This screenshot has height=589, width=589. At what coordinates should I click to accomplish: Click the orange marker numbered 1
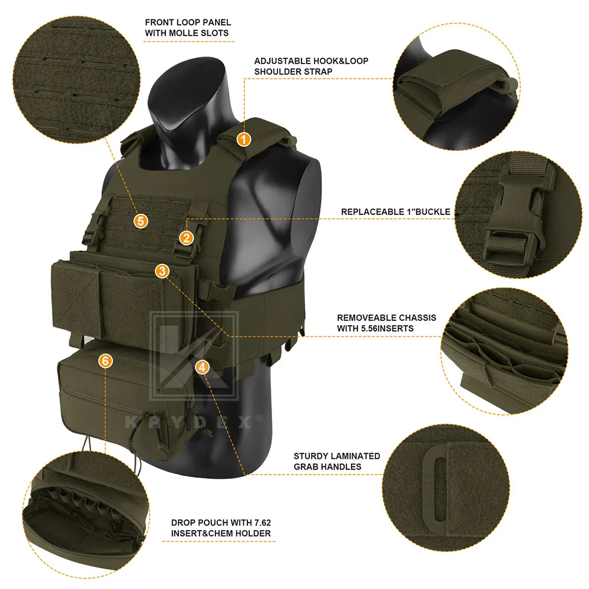point(243,140)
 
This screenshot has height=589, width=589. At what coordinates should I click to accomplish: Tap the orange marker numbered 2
point(186,238)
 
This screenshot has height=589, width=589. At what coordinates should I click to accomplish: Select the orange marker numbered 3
point(163,271)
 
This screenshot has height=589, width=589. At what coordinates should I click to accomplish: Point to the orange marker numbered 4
point(203,367)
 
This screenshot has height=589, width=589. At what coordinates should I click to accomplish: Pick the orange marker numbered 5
point(141,221)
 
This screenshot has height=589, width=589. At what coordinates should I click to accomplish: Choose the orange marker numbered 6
point(105,361)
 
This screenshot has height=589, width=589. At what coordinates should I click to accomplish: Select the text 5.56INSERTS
point(388,328)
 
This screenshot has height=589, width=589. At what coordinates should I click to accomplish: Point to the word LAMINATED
point(354,456)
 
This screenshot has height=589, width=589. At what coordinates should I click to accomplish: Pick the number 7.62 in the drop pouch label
point(262,522)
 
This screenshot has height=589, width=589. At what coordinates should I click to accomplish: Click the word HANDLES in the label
point(327,466)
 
